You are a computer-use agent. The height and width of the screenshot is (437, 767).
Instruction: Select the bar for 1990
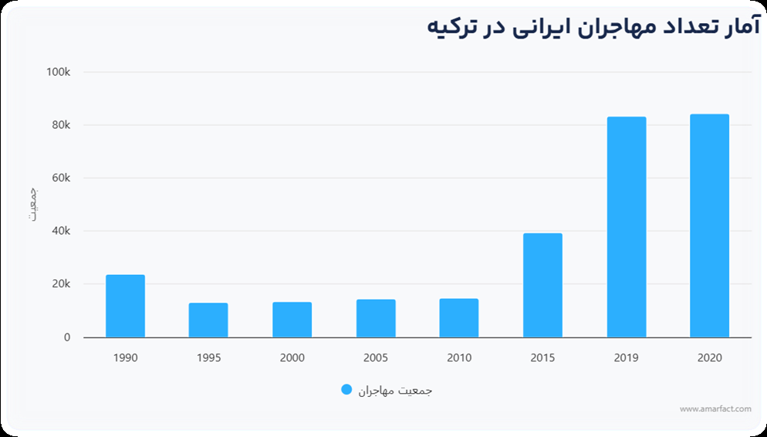pos(125,307)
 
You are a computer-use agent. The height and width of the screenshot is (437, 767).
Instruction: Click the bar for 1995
pos(208,320)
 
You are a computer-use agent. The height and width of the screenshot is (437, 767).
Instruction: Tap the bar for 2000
pos(292,320)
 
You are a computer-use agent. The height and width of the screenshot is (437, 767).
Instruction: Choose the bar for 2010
pos(459,318)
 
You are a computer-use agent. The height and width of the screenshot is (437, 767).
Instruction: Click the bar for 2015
pos(542,286)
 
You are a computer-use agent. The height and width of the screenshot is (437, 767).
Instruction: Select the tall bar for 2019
pos(626,227)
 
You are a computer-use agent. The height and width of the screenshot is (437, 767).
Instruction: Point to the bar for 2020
pos(709,225)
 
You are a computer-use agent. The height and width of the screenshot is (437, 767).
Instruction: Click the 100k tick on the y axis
pos(58,72)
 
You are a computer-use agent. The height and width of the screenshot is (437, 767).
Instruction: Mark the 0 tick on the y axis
pos(67,337)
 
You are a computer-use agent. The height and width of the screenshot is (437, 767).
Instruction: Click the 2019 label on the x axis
pos(626,358)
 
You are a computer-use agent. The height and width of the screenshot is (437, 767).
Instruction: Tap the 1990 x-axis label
pos(125,358)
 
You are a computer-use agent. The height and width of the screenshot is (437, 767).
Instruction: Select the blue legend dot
pos(346,390)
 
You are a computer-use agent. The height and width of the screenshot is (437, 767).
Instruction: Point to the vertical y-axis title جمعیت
pos(33,204)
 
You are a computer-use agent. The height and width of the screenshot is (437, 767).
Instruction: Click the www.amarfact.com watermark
pos(715,409)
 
